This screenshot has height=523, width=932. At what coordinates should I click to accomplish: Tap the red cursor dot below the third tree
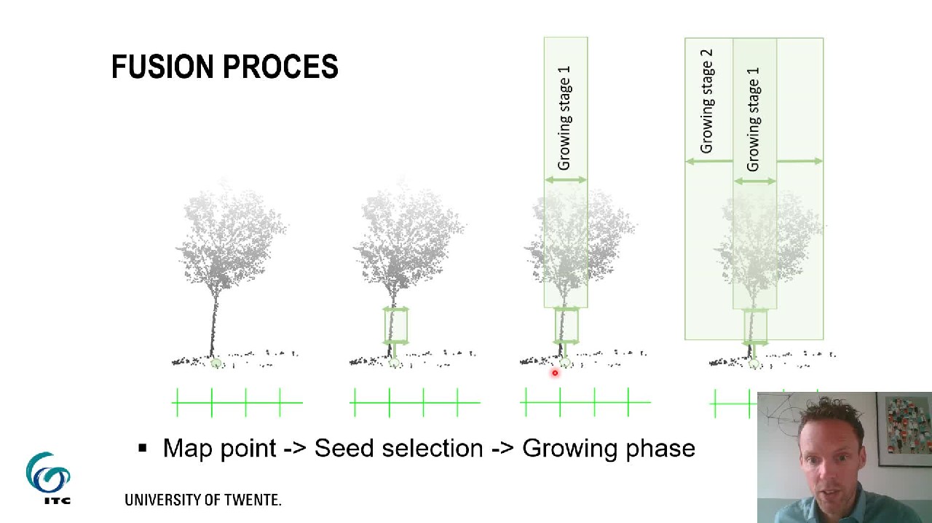pos(555,374)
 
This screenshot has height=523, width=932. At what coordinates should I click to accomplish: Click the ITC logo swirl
pos(48,473)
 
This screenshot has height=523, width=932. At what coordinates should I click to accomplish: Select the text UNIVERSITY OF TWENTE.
pos(202,500)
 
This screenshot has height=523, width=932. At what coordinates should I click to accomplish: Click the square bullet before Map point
pos(143,448)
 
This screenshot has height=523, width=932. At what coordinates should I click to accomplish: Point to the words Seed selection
pos(398,448)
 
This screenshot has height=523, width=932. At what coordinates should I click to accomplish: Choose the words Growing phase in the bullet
pos(609,449)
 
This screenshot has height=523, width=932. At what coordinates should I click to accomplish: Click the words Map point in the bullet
pos(218,448)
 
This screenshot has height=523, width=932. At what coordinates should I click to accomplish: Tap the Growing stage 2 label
pos(706,101)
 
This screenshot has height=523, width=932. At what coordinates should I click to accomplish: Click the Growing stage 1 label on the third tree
pos(564,118)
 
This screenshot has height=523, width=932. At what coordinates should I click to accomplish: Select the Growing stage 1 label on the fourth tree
pos(753,119)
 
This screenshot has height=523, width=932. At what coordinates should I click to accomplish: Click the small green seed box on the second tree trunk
pos(395,326)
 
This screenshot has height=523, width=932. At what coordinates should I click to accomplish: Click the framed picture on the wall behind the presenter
pos(904,429)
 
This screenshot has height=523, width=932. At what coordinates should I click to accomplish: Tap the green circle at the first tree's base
pos(216,363)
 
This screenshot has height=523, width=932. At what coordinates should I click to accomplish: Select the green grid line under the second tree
pos(415,402)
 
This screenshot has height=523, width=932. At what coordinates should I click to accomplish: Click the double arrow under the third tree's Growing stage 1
pos(565,180)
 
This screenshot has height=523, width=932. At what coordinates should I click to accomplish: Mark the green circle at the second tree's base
pos(394,363)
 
